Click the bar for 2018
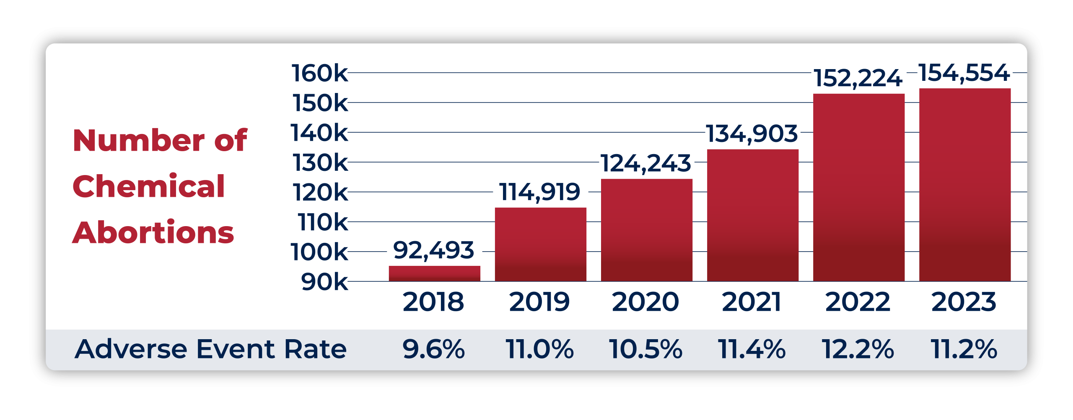[434, 273]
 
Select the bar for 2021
[752, 215]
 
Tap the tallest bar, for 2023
[965, 185]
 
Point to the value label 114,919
[540, 192]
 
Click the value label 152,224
[858, 78]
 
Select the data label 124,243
[646, 163]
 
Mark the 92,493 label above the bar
[434, 250]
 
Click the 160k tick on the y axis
[319, 73]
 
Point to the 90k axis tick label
[324, 282]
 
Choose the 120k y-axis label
[320, 193]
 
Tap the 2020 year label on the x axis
[645, 302]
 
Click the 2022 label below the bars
[858, 302]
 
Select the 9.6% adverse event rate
[434, 349]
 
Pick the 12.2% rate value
[858, 349]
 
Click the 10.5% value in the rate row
[645, 349]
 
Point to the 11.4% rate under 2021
[752, 349]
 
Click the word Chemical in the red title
[149, 186]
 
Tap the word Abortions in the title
[153, 232]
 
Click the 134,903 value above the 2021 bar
[752, 134]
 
